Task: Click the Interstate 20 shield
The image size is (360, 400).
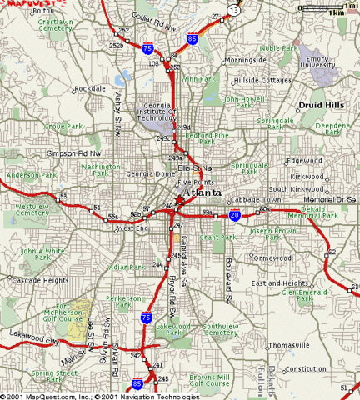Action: click(x=235, y=215)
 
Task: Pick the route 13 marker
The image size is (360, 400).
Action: click(x=234, y=9)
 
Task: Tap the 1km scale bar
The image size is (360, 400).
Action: click(x=335, y=10)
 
